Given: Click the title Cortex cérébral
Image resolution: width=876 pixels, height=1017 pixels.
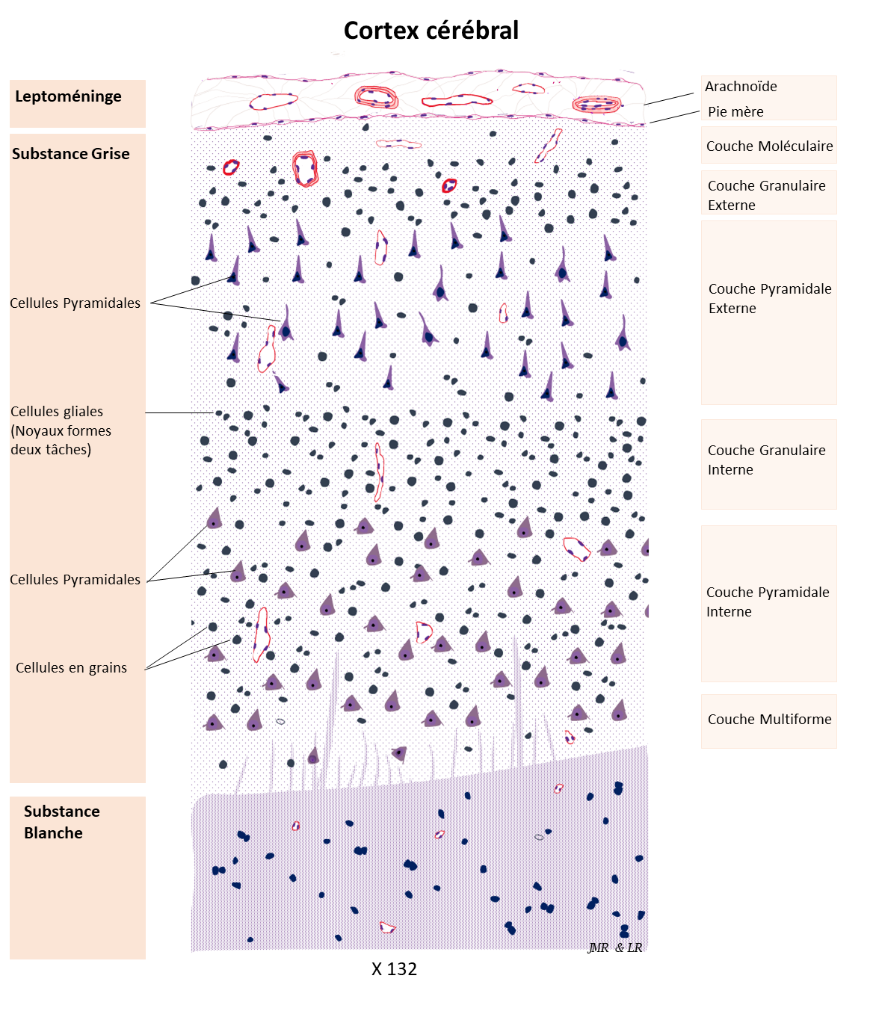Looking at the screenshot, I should tap(431, 31).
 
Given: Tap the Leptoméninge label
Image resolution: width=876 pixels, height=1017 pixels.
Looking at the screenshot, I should tap(68, 96).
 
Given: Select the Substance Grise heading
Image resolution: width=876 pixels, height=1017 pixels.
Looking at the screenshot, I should tap(71, 154).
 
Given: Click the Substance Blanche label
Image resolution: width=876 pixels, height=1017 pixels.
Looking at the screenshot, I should tap(61, 822).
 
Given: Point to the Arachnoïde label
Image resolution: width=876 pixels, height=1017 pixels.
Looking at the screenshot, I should tap(741, 87).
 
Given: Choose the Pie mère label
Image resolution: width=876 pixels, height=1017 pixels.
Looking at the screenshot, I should tap(735, 112).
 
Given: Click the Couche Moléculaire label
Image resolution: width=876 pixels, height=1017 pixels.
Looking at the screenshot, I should tap(769, 146).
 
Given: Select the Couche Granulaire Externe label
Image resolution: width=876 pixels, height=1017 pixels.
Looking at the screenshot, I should tap(766, 195).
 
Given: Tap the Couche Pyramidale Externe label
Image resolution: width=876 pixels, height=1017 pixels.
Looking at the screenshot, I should tap(769, 298).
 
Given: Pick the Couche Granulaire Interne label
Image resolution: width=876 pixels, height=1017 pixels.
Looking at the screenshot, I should tap(766, 460).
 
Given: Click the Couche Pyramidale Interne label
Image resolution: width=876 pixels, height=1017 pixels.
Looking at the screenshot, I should tap(767, 602).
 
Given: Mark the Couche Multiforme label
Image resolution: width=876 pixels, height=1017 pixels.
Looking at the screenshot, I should tap(769, 720).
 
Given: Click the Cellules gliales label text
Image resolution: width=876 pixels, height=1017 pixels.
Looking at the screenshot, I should tap(61, 430).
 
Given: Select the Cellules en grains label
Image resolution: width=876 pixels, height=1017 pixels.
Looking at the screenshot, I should tap(71, 668).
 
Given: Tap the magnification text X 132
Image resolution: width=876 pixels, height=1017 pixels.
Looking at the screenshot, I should tap(394, 969).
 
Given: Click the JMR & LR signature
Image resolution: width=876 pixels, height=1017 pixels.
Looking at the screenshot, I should tap(614, 948).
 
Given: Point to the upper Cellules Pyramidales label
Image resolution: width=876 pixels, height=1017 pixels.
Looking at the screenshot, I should tap(75, 303).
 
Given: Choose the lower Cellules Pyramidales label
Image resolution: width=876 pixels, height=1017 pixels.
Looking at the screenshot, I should tap(75, 580).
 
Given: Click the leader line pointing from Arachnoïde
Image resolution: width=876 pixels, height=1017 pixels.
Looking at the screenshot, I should tap(669, 99).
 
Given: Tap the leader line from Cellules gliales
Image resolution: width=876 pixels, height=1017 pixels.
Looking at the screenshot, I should tap(179, 412).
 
